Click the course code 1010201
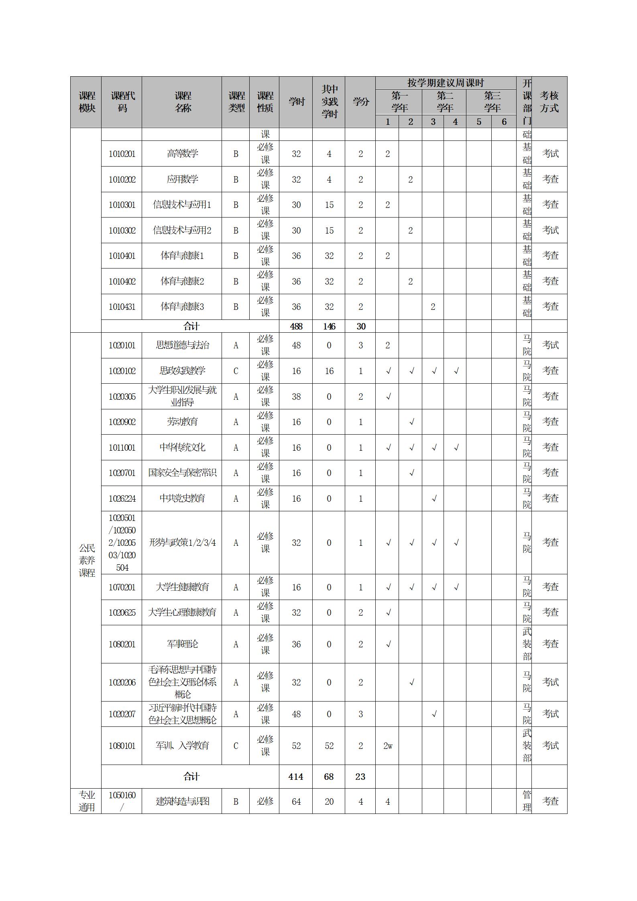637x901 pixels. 122,154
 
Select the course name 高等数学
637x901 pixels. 182,154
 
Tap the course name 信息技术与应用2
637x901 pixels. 182,230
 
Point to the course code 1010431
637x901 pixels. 122,307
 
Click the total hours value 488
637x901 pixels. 296,326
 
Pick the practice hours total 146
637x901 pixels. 329,326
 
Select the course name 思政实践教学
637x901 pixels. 182,371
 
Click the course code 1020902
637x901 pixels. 122,422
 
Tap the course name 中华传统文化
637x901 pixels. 182,447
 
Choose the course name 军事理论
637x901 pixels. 182,644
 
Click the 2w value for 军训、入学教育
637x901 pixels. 388,746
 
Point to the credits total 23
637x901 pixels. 360,777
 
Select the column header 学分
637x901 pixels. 360,102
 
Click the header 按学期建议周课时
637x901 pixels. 446,83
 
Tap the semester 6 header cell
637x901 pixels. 504,122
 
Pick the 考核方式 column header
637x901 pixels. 549,102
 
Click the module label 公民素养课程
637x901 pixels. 87,561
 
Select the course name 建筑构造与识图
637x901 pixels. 182,801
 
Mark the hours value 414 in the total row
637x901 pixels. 296,777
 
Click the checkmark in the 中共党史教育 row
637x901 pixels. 433,499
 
